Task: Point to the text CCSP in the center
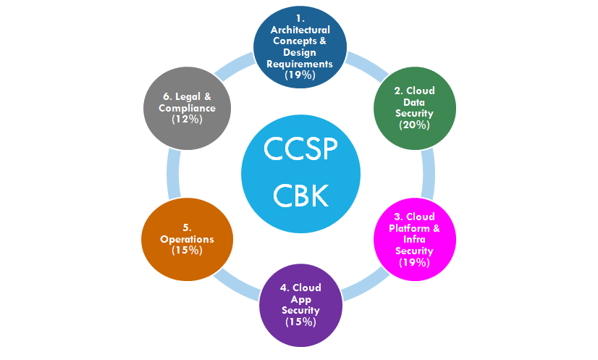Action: [299, 149]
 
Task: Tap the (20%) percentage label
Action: [415, 125]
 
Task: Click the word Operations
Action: [188, 240]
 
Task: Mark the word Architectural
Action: [300, 30]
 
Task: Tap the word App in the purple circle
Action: [300, 299]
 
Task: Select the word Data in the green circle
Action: [415, 103]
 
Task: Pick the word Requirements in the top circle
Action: [300, 64]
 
